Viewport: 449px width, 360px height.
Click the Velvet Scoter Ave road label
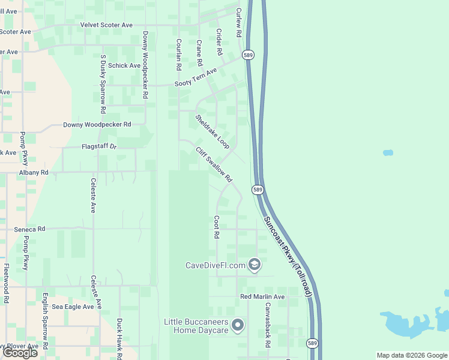click(x=106, y=25)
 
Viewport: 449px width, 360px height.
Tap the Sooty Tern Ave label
click(x=196, y=79)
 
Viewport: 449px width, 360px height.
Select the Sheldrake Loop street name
click(x=212, y=131)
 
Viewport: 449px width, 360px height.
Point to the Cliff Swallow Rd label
click(x=214, y=163)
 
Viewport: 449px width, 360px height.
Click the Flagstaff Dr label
click(x=98, y=146)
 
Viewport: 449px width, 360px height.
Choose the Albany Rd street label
click(x=33, y=172)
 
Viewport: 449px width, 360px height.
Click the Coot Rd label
click(x=217, y=227)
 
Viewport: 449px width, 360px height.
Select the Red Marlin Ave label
click(x=262, y=297)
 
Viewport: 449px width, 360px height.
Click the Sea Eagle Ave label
click(x=73, y=307)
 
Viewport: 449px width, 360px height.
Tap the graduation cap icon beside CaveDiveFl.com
click(x=255, y=265)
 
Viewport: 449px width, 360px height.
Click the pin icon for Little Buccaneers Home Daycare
click(x=238, y=325)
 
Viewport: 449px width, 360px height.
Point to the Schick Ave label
click(x=124, y=65)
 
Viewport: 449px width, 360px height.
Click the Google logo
click(x=20, y=353)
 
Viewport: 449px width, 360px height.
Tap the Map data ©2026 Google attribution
click(x=412, y=355)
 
